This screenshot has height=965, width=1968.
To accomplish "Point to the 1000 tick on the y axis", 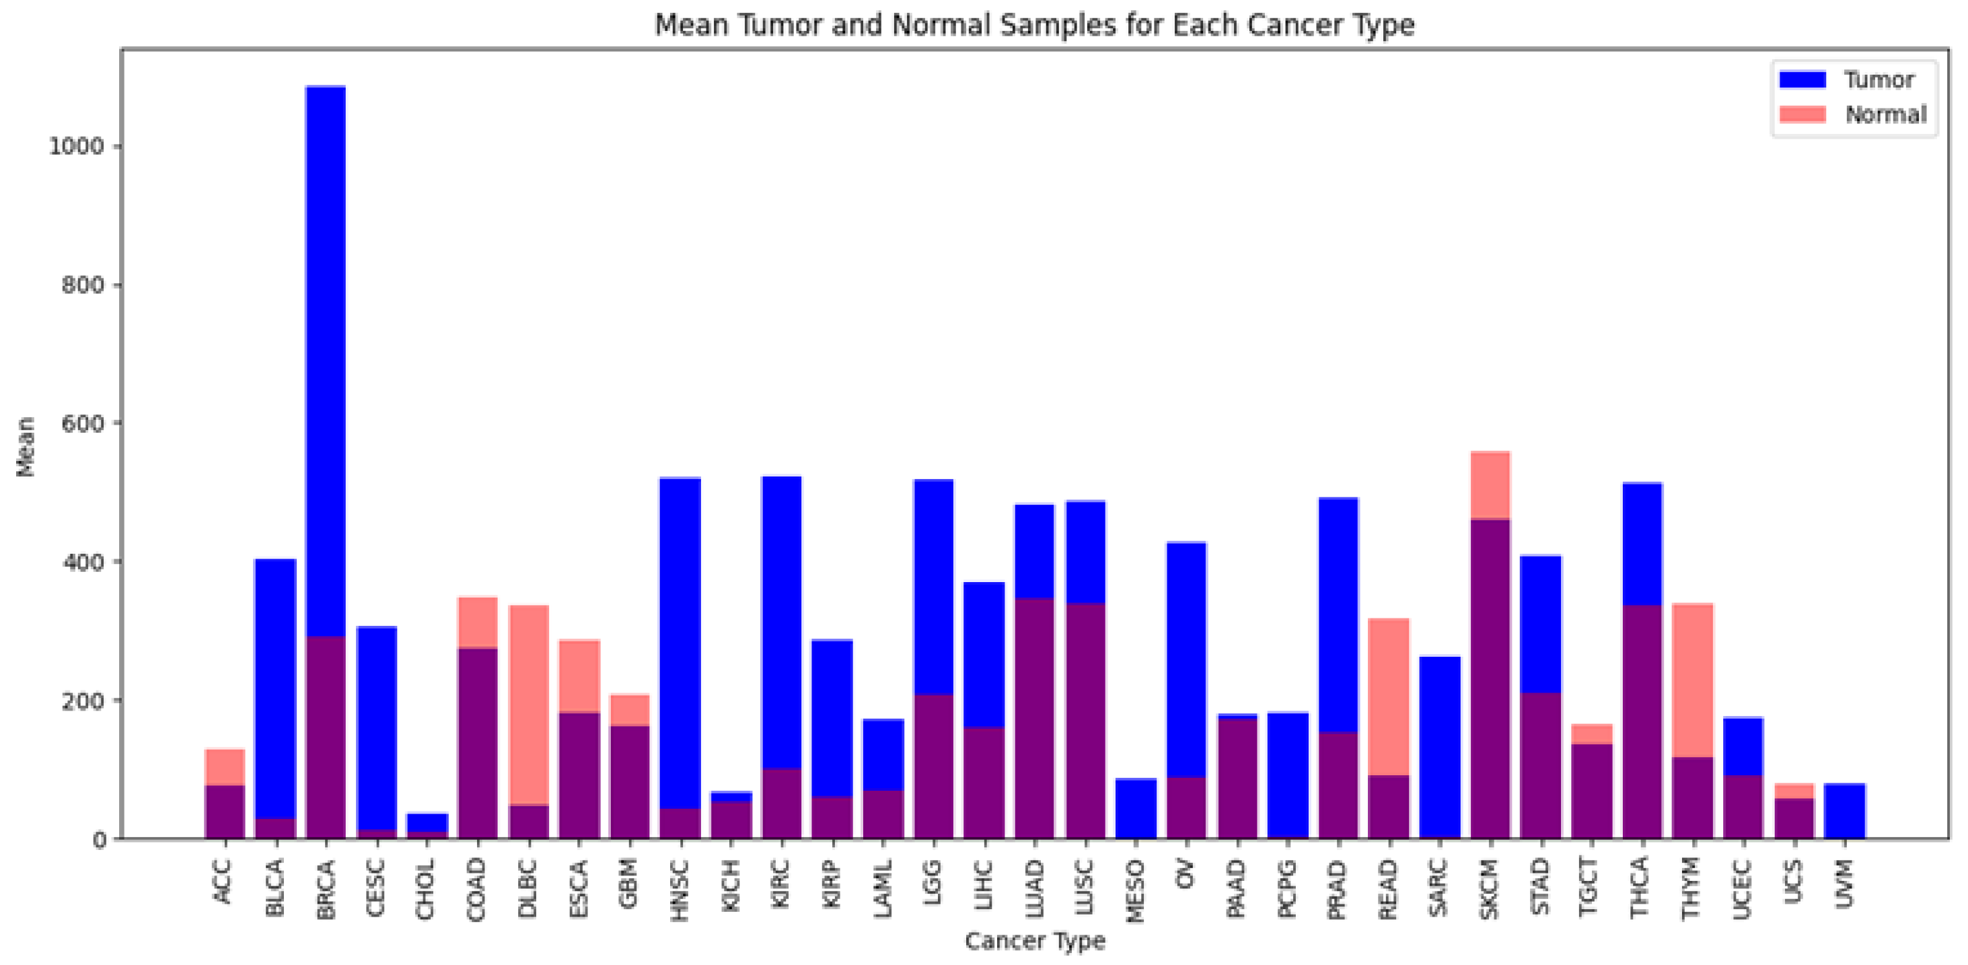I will click(77, 146).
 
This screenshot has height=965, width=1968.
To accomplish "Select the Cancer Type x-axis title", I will click(1034, 941).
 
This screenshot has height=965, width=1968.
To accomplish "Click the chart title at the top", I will click(1034, 24).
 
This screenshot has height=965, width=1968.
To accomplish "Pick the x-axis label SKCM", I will click(1489, 888).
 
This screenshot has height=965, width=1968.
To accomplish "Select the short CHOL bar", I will click(427, 825).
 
